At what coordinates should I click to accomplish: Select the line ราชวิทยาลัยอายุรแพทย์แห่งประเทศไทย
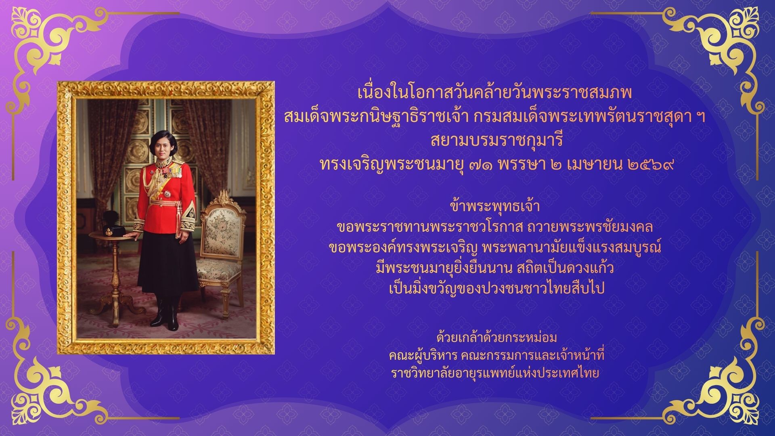pos(495,374)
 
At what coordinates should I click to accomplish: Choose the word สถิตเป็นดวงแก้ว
pos(566,268)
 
